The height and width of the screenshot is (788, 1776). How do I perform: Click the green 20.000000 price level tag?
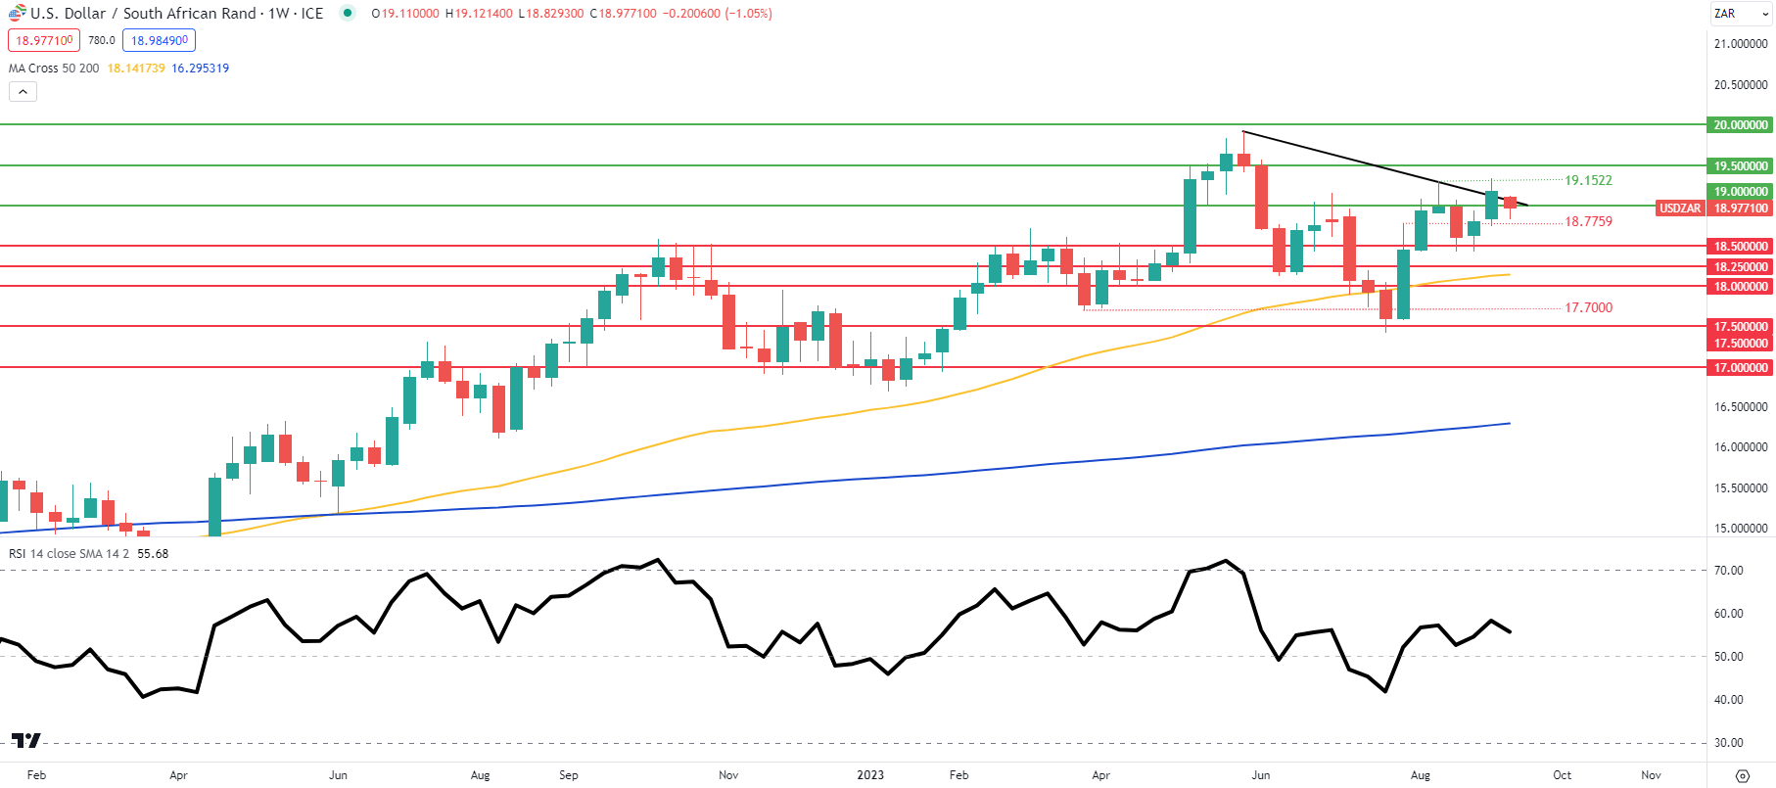coord(1740,125)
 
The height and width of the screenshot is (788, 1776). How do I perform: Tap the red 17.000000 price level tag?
coord(1740,368)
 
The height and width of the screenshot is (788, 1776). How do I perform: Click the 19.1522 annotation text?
coord(1588,180)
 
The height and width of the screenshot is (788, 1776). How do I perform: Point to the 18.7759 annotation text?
coord(1588,221)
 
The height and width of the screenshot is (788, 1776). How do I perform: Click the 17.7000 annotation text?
coord(1588,307)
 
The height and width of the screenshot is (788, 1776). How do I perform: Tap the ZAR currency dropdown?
coord(1740,14)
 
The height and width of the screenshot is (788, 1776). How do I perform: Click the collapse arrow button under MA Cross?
coord(23,91)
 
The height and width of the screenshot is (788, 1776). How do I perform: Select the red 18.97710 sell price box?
coord(44,40)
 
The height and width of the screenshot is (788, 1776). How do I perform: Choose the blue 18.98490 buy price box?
coord(159,40)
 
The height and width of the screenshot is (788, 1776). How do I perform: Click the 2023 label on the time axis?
coord(870,775)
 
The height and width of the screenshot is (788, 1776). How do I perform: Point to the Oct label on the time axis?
coord(1562,775)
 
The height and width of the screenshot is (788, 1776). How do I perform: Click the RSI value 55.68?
coord(153,554)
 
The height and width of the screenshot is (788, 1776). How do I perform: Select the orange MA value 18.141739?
coord(136,69)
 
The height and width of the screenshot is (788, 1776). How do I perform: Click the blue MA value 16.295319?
coord(201,69)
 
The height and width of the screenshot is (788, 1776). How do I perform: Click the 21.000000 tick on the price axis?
coord(1740,44)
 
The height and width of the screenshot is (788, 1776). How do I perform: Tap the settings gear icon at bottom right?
coord(1742,776)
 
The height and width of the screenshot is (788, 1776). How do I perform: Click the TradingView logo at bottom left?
coord(26,740)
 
